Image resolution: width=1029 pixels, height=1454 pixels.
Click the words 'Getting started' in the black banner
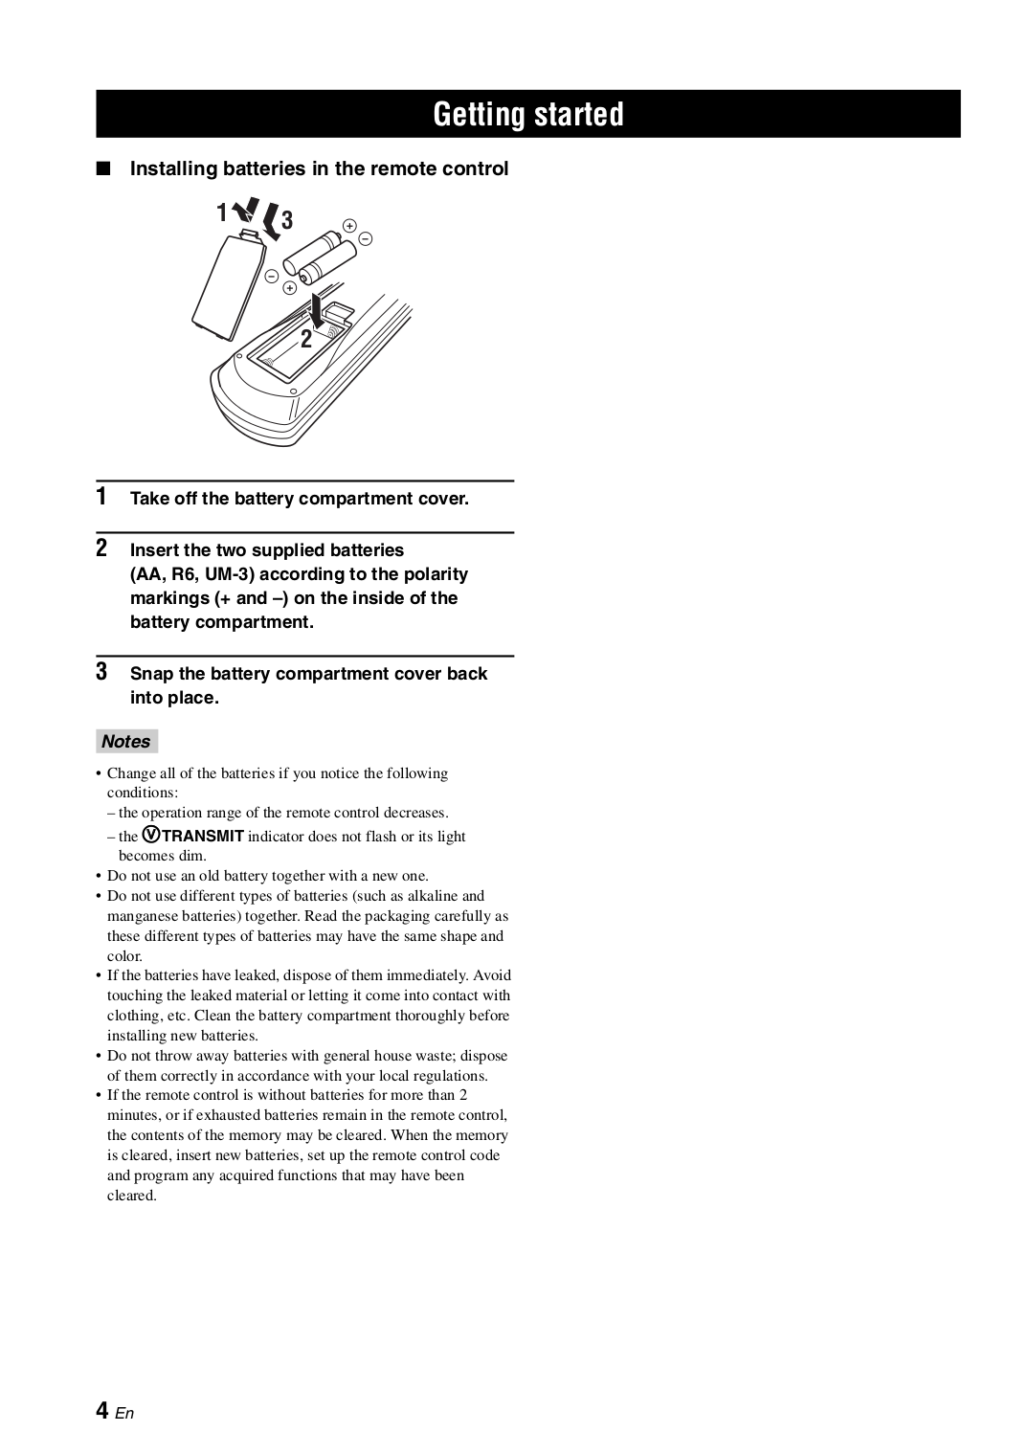(527, 115)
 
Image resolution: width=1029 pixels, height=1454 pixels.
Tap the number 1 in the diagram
(221, 213)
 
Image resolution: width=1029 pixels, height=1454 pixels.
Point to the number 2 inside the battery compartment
(306, 339)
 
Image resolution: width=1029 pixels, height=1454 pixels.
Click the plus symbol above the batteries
(349, 226)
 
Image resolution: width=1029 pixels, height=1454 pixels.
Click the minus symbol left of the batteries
(272, 276)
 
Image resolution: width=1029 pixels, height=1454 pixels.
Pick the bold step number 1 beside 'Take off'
(101, 498)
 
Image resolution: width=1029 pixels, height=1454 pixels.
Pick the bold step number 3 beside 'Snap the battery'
(101, 672)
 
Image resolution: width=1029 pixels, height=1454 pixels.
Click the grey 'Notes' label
(126, 742)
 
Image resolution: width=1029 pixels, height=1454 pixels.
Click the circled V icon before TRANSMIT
(151, 835)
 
